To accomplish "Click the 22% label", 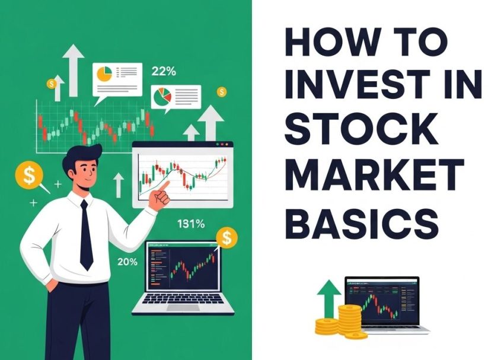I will tap(164, 72).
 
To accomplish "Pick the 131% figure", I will tap(191, 224).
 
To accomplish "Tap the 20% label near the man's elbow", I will tap(127, 262).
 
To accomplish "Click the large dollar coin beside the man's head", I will tap(30, 174).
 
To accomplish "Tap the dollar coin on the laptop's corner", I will tap(226, 238).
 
